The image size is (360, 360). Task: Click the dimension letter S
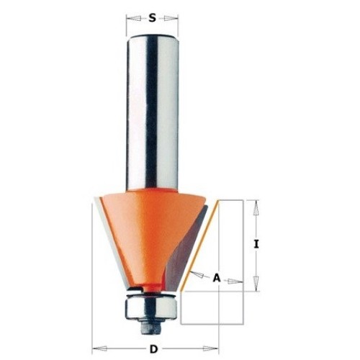point(152,18)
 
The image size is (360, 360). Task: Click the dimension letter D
point(153,349)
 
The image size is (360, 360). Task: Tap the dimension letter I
point(256,245)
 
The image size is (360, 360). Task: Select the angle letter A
point(217,278)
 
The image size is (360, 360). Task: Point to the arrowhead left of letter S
point(134,18)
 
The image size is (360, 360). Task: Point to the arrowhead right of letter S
point(171,18)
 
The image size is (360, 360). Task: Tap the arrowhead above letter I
point(256,207)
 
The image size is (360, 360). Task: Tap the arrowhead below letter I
point(256,284)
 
